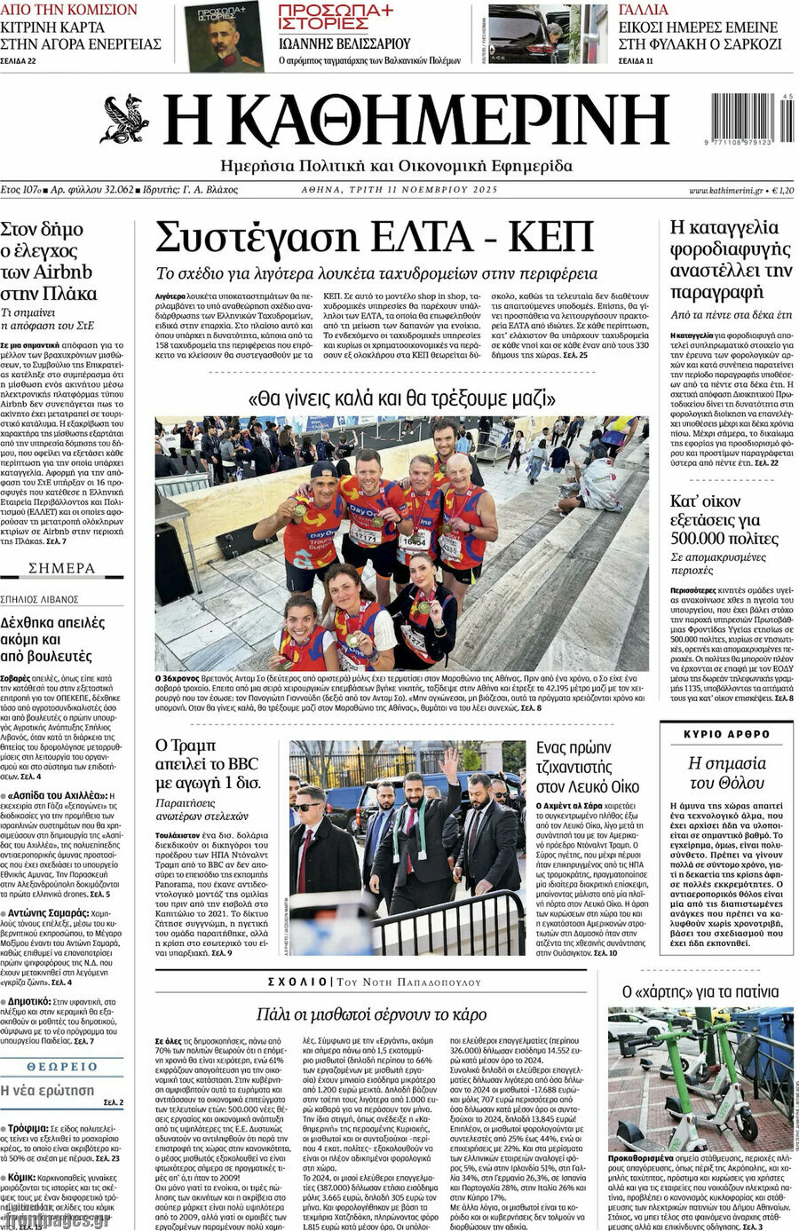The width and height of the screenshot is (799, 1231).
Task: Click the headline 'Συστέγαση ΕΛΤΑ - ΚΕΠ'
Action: coord(375,236)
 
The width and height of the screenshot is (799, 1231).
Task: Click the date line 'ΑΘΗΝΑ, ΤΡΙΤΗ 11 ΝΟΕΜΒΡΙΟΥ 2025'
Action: coord(399,190)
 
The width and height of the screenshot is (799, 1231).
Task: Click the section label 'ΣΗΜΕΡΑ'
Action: coord(61,568)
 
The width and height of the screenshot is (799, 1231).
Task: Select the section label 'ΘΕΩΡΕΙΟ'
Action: coord(61,1066)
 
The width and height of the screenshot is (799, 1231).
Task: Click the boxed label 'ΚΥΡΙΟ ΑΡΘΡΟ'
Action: coord(727,734)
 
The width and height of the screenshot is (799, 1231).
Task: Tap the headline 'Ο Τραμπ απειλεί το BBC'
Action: coord(209,764)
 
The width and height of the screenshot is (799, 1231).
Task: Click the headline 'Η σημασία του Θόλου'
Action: coord(727,772)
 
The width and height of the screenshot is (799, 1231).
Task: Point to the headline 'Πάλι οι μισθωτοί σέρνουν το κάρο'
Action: coord(371,1014)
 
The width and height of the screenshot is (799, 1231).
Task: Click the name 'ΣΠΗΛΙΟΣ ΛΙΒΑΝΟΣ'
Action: coord(40,600)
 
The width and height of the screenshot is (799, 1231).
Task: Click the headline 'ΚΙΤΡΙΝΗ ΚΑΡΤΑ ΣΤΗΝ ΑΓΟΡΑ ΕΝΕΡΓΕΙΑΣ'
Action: coord(80,35)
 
